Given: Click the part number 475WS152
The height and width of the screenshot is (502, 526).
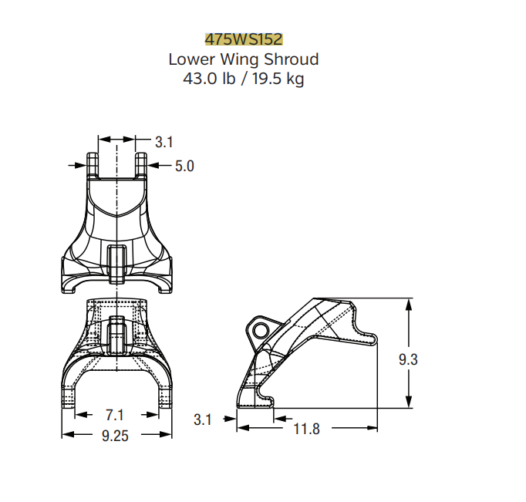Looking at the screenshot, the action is click(244, 39).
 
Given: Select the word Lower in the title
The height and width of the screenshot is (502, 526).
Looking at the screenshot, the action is click(191, 59).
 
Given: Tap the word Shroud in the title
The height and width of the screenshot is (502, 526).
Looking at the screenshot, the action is click(292, 59).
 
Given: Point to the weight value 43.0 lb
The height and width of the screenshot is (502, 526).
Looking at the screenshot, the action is click(209, 79).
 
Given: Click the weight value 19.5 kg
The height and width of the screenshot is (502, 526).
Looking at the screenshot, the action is click(278, 79).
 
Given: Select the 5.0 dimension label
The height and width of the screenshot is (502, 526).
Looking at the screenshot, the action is click(184, 166).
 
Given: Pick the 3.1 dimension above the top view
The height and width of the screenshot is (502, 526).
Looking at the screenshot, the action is click(164, 142).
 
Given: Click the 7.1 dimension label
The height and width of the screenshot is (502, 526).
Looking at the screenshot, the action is click(115, 415).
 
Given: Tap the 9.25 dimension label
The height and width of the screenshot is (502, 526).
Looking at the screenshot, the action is click(115, 436).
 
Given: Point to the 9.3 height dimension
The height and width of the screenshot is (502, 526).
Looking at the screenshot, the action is click(408, 359).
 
